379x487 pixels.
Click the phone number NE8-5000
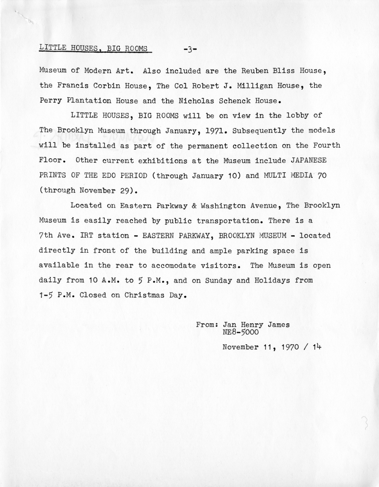tap(240, 333)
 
